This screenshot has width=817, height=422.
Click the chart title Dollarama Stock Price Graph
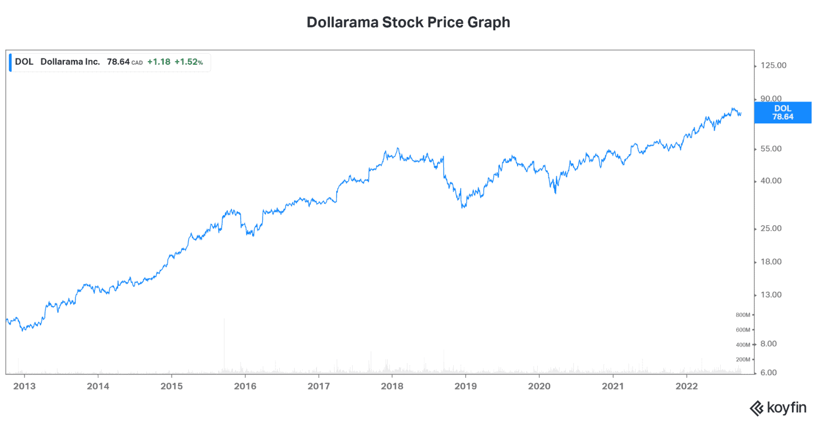click(408, 22)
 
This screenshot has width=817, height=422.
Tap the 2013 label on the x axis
click(24, 386)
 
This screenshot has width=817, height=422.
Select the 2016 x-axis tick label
click(245, 386)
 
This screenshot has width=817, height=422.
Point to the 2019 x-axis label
click(465, 386)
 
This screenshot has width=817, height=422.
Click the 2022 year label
click(686, 386)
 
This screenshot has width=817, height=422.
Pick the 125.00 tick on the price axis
click(773, 65)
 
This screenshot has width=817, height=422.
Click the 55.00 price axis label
click(771, 149)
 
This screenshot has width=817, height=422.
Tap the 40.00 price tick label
click(771, 181)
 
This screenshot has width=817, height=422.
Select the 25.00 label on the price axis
click(771, 229)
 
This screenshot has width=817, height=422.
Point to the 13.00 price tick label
click(771, 295)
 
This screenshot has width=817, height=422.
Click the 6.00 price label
click(769, 373)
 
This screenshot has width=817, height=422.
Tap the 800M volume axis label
click(743, 315)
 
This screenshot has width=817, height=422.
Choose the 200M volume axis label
click(743, 360)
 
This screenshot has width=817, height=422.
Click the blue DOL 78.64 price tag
click(782, 113)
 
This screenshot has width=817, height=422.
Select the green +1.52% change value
click(188, 62)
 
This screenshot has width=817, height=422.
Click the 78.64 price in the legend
click(118, 62)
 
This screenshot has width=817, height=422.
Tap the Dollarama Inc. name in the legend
click(70, 62)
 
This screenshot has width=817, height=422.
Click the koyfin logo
click(778, 408)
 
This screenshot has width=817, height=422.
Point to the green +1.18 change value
click(159, 62)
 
